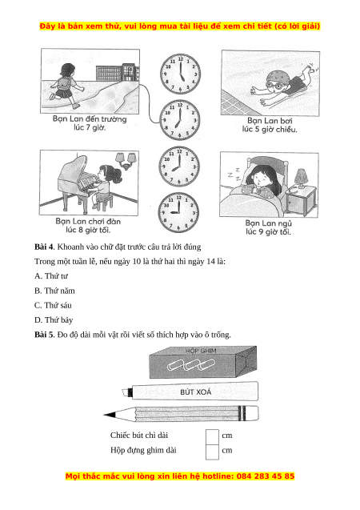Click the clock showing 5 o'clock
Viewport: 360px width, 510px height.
coord(180,74)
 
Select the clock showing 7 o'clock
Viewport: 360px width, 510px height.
coord(179,120)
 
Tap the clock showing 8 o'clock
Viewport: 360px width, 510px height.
coord(178,167)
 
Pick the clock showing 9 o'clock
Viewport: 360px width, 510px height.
coord(178,212)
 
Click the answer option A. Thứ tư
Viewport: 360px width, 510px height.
coord(51,276)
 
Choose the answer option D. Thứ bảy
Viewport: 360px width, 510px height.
coord(54,320)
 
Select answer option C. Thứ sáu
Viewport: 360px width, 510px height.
coord(53,305)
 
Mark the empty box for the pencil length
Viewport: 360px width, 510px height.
coord(212,436)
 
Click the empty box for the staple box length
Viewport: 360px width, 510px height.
coord(212,452)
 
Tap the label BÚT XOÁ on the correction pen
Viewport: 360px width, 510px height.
coord(195,392)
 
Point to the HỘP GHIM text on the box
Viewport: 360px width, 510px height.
coord(201,351)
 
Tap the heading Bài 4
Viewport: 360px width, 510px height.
coord(44,247)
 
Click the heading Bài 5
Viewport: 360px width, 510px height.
coord(44,335)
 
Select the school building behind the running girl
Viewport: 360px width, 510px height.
coord(118,73)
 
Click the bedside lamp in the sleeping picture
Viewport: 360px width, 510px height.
coord(301,179)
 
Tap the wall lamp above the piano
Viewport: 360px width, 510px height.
coord(126,161)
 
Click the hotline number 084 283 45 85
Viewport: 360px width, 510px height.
coord(266,476)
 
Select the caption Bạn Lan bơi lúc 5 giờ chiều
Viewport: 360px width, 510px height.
coord(270,125)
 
